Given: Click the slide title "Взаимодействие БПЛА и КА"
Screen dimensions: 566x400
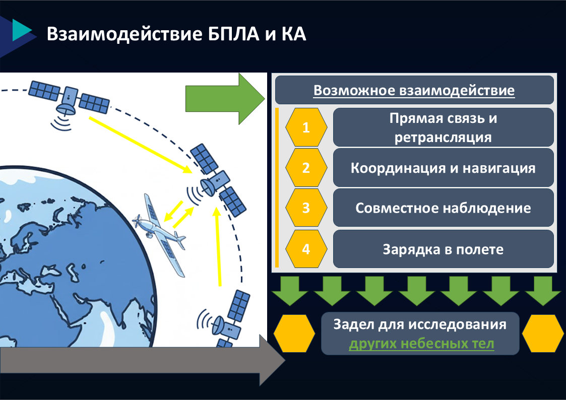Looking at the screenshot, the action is (176, 34).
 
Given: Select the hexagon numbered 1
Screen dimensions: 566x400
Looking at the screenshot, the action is (306, 127).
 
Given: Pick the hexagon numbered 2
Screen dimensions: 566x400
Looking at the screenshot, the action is (306, 168).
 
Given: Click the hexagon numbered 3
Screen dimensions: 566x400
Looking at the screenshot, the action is (306, 208).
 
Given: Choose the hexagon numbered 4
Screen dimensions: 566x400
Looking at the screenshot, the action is (306, 249).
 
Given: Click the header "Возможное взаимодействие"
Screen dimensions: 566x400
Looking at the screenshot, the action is (414, 90).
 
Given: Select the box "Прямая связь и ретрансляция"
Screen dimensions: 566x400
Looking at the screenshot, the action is (443, 127).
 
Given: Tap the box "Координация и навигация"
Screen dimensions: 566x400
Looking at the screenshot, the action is (443, 168).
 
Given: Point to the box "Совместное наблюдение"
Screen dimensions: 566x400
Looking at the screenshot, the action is (443, 208).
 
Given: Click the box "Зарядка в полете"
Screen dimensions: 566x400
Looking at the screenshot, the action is (443, 249).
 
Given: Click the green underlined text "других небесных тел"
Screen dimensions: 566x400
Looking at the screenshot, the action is (421, 344).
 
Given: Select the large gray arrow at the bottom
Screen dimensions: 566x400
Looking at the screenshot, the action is (143, 360).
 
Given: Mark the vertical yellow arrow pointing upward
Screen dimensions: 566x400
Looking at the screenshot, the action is (218, 247).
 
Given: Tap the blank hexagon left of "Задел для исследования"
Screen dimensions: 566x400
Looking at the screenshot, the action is (294, 334).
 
